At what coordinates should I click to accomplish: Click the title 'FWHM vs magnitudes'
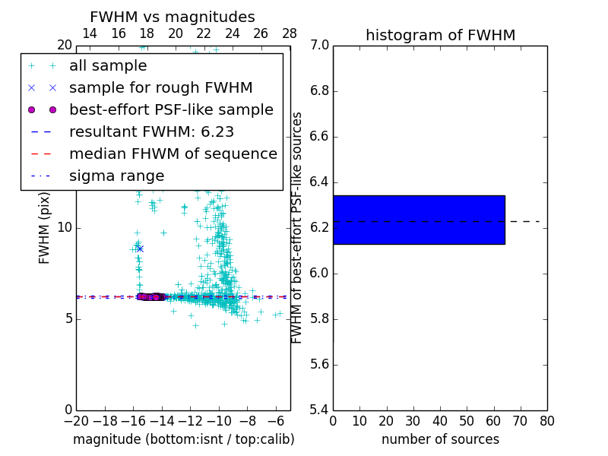(x=173, y=17)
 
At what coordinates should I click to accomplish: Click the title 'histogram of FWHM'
(x=440, y=35)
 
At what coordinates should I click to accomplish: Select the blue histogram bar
(x=419, y=220)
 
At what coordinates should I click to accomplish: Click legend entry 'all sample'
(x=108, y=65)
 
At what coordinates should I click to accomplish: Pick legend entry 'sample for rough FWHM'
(x=160, y=87)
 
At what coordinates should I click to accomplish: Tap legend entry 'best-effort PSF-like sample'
(x=171, y=109)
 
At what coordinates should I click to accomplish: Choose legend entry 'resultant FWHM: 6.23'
(x=151, y=131)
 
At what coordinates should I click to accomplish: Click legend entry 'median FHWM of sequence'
(x=173, y=154)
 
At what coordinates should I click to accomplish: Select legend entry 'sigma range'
(x=116, y=176)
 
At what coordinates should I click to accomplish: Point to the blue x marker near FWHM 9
(x=140, y=249)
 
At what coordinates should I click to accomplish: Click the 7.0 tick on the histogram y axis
(x=320, y=46)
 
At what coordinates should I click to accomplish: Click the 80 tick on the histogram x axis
(x=547, y=421)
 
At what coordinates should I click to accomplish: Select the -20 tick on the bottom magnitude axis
(x=76, y=421)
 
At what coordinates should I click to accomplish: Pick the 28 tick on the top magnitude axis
(x=290, y=33)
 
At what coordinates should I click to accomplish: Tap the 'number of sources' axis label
(x=440, y=439)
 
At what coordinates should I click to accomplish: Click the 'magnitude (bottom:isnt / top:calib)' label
(x=183, y=439)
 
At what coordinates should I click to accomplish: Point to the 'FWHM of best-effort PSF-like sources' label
(x=297, y=228)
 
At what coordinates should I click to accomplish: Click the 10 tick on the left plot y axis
(x=65, y=228)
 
